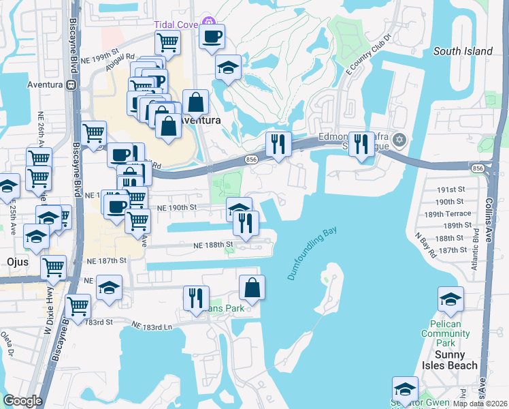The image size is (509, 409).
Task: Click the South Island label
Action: (463, 51)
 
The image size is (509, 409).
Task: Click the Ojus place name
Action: (16, 262)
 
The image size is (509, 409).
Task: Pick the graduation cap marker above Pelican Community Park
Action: (450, 299)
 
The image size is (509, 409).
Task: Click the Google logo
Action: (23, 400)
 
